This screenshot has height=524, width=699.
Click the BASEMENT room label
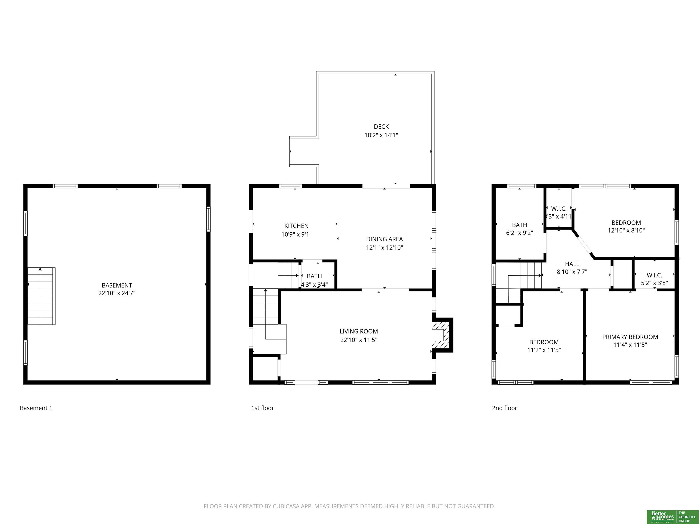[116, 285]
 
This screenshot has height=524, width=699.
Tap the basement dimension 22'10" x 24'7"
[116, 293]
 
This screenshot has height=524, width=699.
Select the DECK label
[381, 127]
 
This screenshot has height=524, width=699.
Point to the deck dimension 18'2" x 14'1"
[381, 135]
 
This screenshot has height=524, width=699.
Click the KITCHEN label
[296, 226]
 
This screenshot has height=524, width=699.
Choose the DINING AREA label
[384, 239]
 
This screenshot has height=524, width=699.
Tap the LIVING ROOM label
[359, 331]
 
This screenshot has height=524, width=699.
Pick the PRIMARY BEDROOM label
[630, 337]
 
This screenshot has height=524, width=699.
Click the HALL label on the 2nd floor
[572, 264]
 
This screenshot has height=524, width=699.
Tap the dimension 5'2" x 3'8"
[654, 283]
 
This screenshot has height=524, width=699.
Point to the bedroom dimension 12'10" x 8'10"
[626, 231]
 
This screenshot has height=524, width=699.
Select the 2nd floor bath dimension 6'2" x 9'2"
[519, 233]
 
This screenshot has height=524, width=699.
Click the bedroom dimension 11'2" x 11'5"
[544, 350]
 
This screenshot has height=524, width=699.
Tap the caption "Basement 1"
[36, 408]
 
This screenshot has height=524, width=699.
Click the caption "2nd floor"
[504, 408]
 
